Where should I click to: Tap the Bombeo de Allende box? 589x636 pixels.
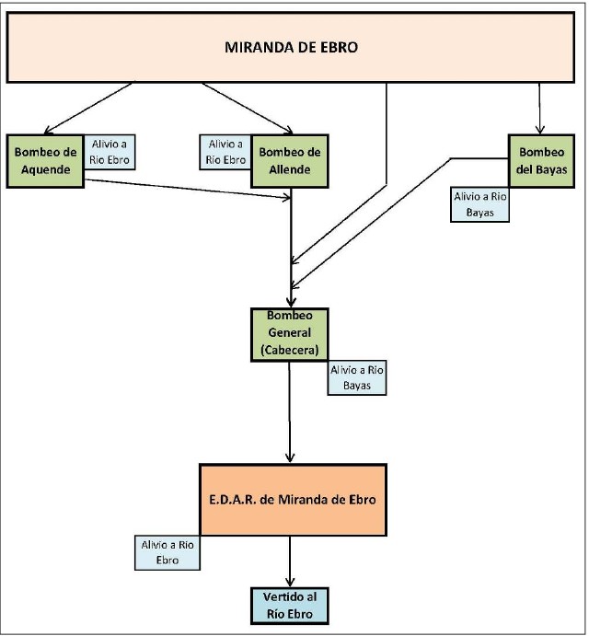coord(289,161)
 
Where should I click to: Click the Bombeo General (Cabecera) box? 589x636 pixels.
coord(290,333)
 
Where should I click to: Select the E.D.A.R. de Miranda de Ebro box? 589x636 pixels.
coord(292,498)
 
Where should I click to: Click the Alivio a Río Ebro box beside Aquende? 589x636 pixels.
coord(111,154)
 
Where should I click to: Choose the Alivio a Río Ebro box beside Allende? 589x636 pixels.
coord(225,154)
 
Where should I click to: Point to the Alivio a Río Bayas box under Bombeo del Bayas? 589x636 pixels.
coord(479,204)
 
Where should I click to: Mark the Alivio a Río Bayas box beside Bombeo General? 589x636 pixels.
coord(357,378)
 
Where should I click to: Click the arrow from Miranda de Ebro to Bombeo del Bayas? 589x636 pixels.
coord(540,108)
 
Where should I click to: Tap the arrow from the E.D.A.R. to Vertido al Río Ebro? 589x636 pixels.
coord(291,559)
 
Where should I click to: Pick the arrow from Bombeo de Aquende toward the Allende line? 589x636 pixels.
coord(184,189)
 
